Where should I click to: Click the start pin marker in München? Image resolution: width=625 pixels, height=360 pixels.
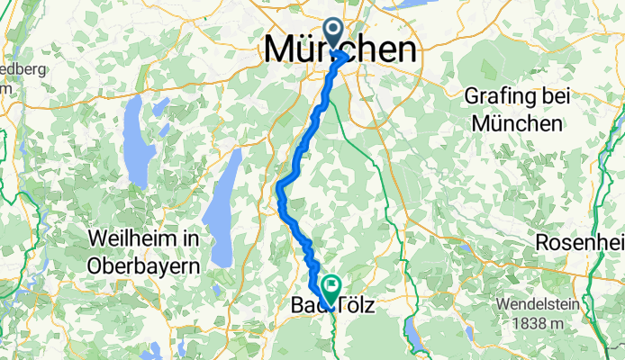click(334, 35)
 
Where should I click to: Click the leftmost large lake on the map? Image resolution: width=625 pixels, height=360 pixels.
click(137, 139)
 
